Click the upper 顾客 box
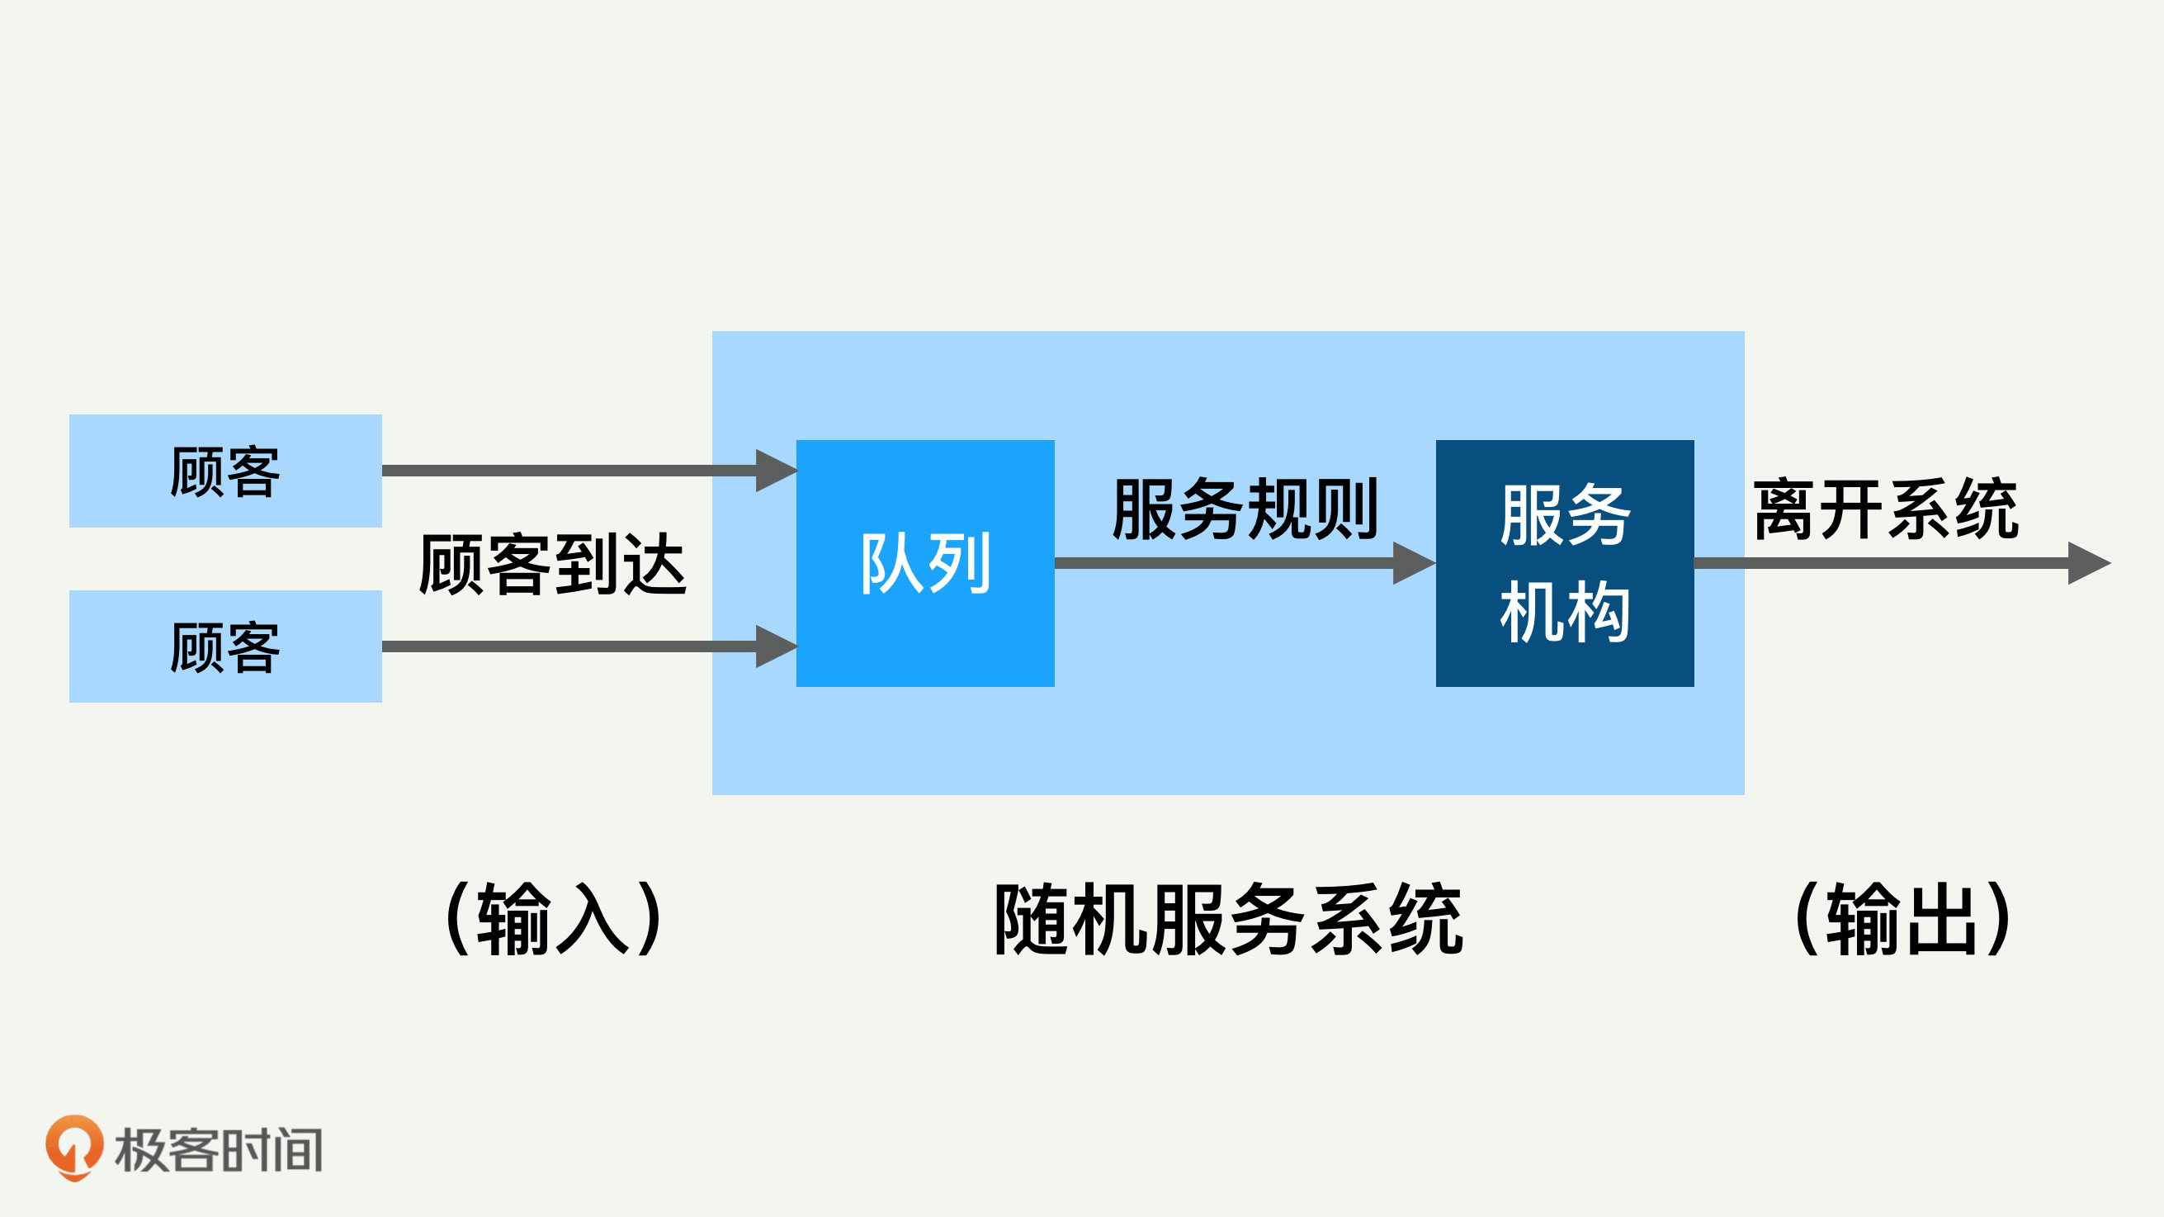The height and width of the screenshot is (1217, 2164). coord(225,471)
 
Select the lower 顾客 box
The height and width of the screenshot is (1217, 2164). coord(225,646)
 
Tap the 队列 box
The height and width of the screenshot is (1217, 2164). coord(925,563)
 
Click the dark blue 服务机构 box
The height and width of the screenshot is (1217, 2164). coord(1564,563)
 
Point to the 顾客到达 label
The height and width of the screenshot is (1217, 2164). coord(552,565)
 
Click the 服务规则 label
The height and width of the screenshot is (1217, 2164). coord(1245,509)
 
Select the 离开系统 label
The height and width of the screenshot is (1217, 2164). coord(1886,509)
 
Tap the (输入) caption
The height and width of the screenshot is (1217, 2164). coord(555,919)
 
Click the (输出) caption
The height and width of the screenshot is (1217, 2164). coord(1903,919)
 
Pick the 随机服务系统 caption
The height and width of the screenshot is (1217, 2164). coord(1228,919)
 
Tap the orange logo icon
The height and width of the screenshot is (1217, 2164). coord(74,1148)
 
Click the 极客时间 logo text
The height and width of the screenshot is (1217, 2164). coord(219,1150)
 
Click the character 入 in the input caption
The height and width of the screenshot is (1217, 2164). coord(593,919)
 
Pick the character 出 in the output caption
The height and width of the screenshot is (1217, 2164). coord(1942,919)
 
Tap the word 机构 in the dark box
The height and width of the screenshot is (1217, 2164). coord(1564,612)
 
